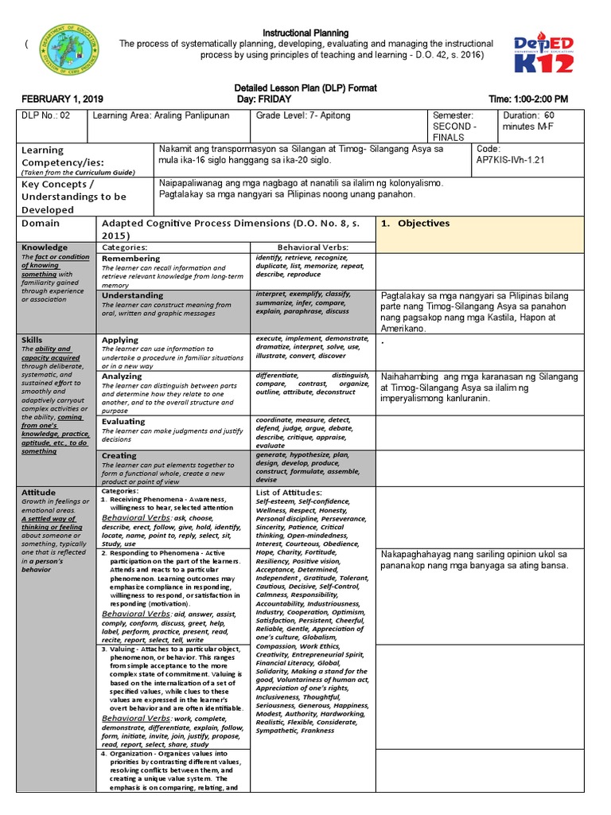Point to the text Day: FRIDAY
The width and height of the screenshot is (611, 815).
264,99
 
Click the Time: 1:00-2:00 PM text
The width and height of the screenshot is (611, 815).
528,99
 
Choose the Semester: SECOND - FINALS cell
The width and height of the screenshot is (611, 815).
457,126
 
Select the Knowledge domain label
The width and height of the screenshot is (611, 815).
45,248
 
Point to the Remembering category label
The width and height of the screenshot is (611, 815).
131,259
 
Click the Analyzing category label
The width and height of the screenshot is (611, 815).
122,376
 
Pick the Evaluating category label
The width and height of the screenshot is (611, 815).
123,422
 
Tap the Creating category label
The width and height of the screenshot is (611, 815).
119,456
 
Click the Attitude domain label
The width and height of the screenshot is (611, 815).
39,493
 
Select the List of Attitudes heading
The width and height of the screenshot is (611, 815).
288,493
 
